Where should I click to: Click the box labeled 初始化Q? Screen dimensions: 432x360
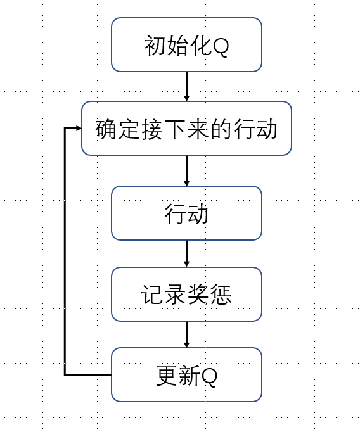pyautogui.click(x=186, y=44)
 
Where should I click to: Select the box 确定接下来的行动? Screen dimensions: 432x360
pyautogui.click(x=186, y=129)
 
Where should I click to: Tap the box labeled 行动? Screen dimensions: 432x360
pyautogui.click(x=186, y=213)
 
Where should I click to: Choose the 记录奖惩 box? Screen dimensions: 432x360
pyautogui.click(x=186, y=294)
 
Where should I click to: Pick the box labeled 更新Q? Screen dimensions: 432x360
pyautogui.click(x=186, y=374)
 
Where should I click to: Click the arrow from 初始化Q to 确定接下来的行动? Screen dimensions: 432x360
pyautogui.click(x=186, y=86)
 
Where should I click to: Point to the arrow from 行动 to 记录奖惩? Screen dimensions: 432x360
pyautogui.click(x=186, y=253)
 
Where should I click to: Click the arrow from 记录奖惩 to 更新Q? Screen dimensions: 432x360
pyautogui.click(x=186, y=334)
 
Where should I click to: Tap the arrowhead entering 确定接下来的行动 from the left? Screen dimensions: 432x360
pyautogui.click(x=78, y=129)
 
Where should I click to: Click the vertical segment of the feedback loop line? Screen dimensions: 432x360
pyautogui.click(x=65, y=253)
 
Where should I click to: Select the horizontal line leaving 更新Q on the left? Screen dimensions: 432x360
pyautogui.click(x=89, y=374)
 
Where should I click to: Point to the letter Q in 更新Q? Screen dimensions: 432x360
pyautogui.click(x=209, y=376)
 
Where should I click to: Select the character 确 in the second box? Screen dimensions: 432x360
pyautogui.click(x=106, y=129)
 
